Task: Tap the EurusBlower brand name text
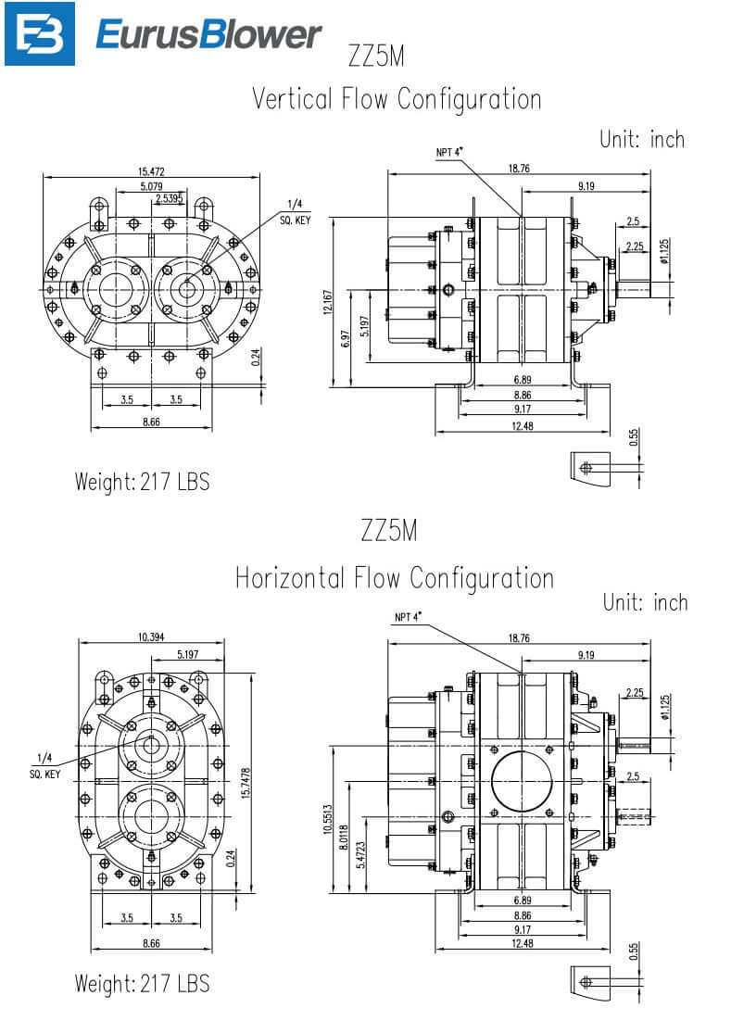coord(208,35)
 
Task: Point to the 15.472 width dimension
coord(152,171)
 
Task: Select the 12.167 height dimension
coord(327,302)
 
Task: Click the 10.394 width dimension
coord(151,636)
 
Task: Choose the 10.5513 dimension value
coord(327,817)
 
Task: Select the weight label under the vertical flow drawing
coord(142,482)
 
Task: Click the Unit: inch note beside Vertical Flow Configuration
coord(642,140)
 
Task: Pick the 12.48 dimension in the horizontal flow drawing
coord(523,943)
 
